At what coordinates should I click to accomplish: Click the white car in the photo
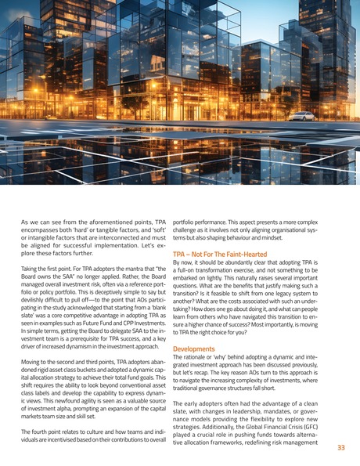pos(302,117)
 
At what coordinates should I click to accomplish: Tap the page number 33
pos(340,447)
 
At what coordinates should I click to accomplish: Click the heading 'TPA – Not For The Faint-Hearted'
pos(219,254)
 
